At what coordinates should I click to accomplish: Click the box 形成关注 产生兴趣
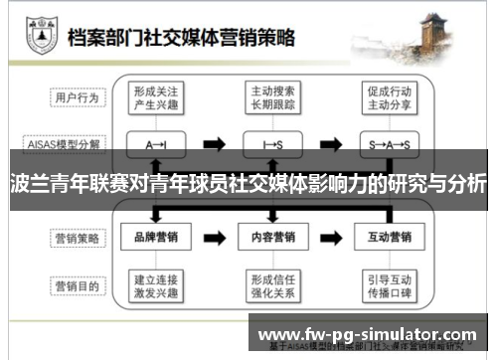click(x=155, y=97)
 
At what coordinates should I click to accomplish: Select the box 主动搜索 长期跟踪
click(x=271, y=97)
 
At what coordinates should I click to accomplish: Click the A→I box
click(x=155, y=144)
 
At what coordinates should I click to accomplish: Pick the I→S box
click(x=271, y=144)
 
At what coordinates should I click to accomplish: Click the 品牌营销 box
click(x=155, y=238)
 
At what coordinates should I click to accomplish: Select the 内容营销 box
click(x=271, y=238)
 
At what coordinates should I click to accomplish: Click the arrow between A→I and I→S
click(x=213, y=144)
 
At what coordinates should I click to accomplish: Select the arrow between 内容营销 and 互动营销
click(x=330, y=238)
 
